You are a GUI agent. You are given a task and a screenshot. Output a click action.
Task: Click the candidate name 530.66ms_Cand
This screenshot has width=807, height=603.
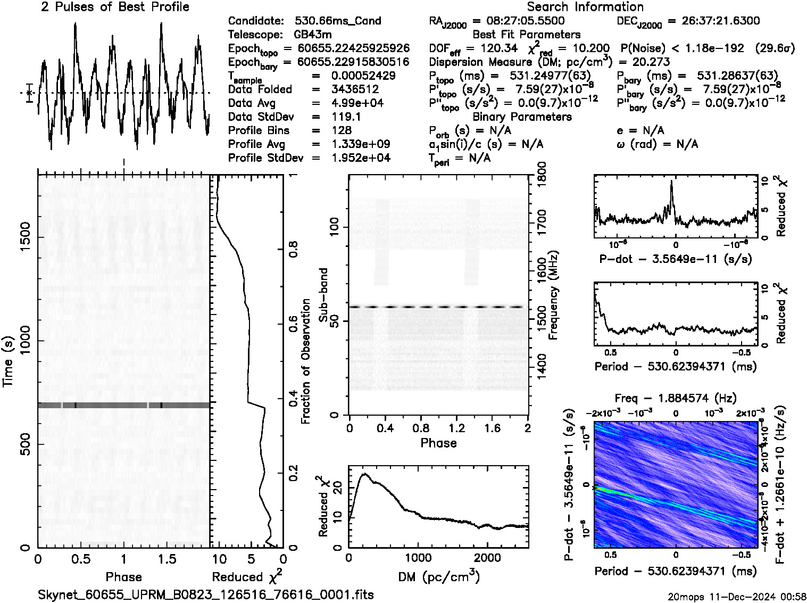click(338, 21)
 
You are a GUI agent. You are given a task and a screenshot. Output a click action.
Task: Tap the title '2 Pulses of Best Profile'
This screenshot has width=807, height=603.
click(115, 7)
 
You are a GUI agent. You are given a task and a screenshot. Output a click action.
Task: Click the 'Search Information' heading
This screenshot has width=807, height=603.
click(585, 7)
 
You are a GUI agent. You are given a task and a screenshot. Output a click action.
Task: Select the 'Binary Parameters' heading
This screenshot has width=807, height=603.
click(522, 117)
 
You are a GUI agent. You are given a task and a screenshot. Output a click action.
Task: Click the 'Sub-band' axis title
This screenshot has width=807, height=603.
click(323, 295)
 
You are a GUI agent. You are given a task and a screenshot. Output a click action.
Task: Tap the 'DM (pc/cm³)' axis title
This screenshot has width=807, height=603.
click(438, 576)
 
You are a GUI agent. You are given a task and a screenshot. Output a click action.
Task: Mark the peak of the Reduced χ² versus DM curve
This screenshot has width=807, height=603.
click(364, 474)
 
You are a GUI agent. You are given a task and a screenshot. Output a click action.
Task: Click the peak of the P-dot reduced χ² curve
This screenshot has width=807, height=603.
click(672, 181)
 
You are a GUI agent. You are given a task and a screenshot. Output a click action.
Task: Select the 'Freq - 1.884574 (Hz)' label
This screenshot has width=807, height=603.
click(676, 398)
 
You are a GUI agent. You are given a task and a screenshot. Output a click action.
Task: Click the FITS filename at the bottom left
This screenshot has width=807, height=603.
click(206, 594)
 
